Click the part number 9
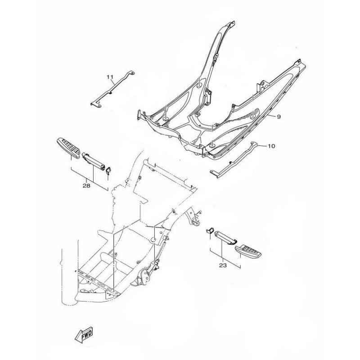[x=279, y=117]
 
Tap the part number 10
[x=271, y=146]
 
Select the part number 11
[x=110, y=77]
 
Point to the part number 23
[x=223, y=265]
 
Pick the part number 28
[x=86, y=186]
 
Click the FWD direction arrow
[x=84, y=334]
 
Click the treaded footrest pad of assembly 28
[x=68, y=148]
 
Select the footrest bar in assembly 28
[x=94, y=161]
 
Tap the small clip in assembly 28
[x=108, y=171]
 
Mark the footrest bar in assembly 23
[x=225, y=238]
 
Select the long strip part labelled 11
[x=112, y=89]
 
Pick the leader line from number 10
[x=262, y=145]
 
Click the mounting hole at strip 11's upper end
[x=132, y=73]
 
